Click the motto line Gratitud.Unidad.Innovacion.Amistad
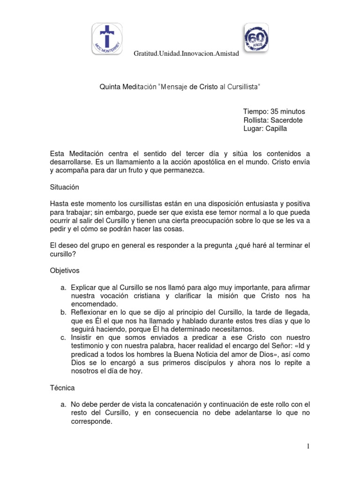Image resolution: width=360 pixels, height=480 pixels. pos(187,54)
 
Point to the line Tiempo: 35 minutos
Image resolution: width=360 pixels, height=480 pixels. pos(274,112)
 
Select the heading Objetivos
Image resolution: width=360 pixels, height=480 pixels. pos(65,270)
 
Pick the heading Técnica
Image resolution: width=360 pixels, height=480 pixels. pos(62,388)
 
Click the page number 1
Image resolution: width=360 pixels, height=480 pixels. pos(308,447)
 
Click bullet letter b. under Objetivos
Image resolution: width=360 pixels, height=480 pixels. pos(63,312)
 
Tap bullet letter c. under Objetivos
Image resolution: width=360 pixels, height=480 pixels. pos(63,337)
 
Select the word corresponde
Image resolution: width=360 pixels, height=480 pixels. pos(91,421)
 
